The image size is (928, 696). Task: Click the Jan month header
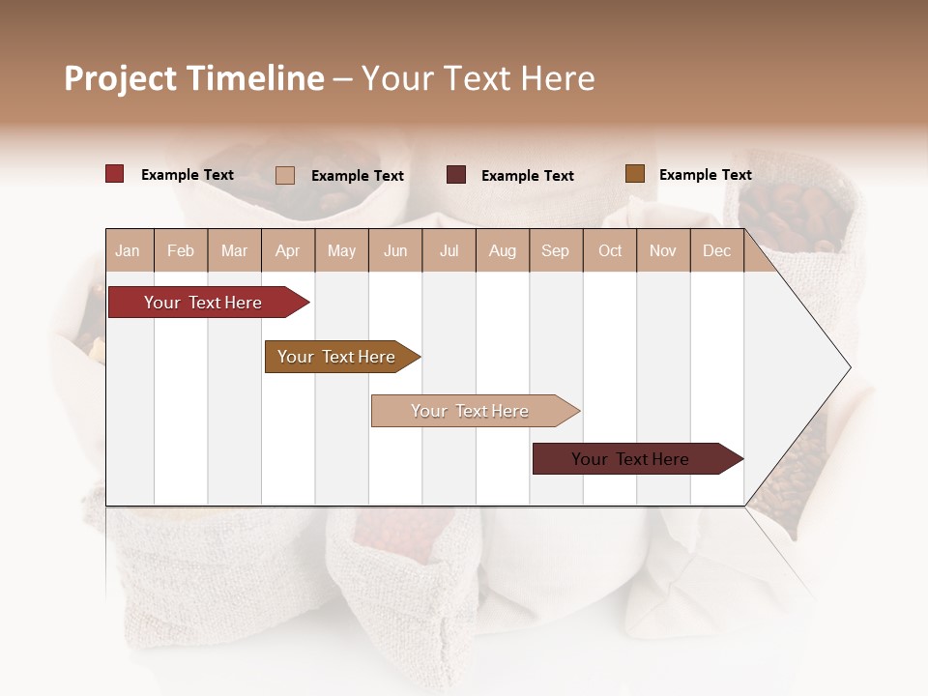pyautogui.click(x=129, y=251)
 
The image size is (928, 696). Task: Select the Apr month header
pyautogui.click(x=288, y=251)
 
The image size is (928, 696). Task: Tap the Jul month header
pyautogui.click(x=449, y=251)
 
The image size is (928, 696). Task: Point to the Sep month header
pyautogui.click(x=555, y=251)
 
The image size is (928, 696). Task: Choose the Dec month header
pyautogui.click(x=716, y=251)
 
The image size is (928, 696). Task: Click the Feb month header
pyautogui.click(x=181, y=251)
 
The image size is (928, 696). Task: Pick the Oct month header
pyautogui.click(x=610, y=251)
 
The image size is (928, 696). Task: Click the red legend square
pyautogui.click(x=115, y=174)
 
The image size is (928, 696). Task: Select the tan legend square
pyautogui.click(x=285, y=175)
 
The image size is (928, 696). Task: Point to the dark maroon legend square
pyautogui.click(x=456, y=175)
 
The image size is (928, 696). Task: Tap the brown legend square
pyautogui.click(x=634, y=174)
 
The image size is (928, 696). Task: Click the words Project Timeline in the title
pyautogui.click(x=194, y=78)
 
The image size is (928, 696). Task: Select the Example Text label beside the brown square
pyautogui.click(x=705, y=175)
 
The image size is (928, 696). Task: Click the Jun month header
pyautogui.click(x=395, y=251)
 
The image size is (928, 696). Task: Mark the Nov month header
pyautogui.click(x=663, y=251)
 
